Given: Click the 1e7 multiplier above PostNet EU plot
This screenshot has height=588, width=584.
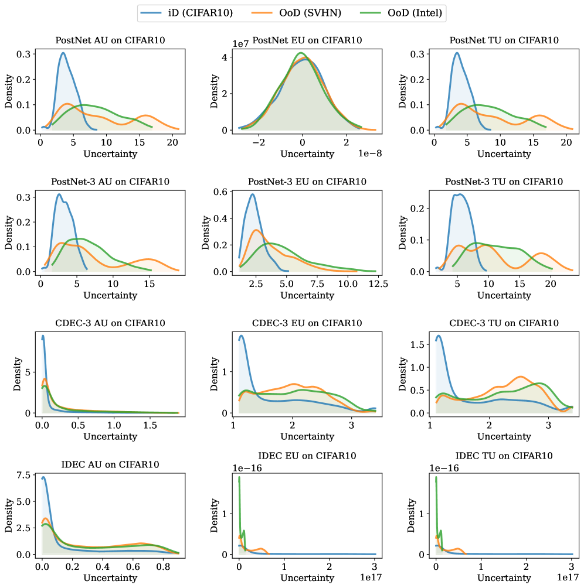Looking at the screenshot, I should click(242, 43).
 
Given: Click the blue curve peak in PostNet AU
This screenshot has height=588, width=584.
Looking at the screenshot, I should click(62, 53).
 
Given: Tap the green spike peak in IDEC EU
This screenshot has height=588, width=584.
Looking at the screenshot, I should click(239, 477).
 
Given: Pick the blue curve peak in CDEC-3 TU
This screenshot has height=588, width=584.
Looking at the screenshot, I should click(439, 336).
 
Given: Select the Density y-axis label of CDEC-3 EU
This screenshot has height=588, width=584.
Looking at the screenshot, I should click(215, 374).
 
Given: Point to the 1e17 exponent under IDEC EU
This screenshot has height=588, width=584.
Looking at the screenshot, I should click(367, 577).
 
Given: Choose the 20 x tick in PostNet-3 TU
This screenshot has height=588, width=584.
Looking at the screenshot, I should click(551, 284).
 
